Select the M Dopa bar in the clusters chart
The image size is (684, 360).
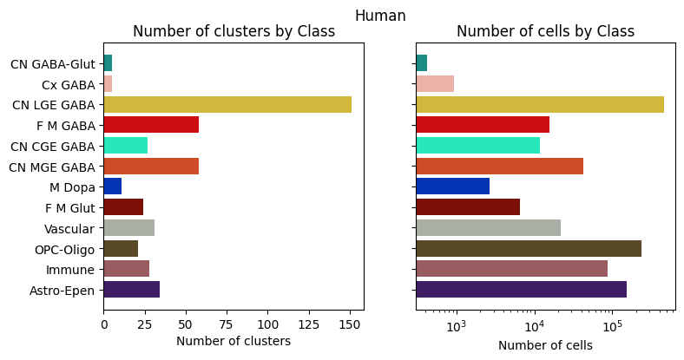coord(113,187)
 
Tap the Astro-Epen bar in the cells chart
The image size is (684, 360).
coord(521,290)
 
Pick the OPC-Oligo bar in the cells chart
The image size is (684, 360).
coord(529,248)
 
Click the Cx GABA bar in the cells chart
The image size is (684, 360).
coord(435,83)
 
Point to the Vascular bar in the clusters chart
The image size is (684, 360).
coord(128,228)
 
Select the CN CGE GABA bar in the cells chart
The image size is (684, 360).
coord(477,145)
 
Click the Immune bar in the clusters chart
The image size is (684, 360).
coord(126,269)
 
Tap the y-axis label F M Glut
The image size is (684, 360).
coord(69,207)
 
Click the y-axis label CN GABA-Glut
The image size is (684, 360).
coord(52,63)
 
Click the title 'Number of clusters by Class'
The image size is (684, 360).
coord(233,32)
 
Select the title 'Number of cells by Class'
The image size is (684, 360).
coord(545,32)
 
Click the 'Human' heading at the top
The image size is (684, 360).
coord(380,15)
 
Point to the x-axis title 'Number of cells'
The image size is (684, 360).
coord(545,345)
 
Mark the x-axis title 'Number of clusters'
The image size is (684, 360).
coord(233,342)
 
